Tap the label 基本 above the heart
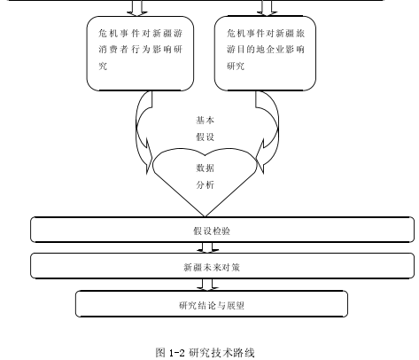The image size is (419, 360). pos(205,121)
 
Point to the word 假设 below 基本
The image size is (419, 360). pos(205,137)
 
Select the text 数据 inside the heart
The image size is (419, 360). pos(205,168)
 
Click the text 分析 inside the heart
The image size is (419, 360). pos(205,185)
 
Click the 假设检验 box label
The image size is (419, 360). pos(212,231)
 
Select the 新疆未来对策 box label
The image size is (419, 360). pos(212,268)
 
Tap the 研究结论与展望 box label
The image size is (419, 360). pos(212,305)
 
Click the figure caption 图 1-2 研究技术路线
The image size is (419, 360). pos(205,353)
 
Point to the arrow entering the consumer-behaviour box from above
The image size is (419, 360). pos(137,8)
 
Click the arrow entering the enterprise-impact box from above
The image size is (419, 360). pos(267,8)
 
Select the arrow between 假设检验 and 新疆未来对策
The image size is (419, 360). pos(207,247)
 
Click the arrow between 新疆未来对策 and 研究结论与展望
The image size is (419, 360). pos(207,285)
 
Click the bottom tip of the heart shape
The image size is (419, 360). pos(205,216)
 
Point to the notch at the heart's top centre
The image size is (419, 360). pos(205,155)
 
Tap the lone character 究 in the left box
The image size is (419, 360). pos(103,66)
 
